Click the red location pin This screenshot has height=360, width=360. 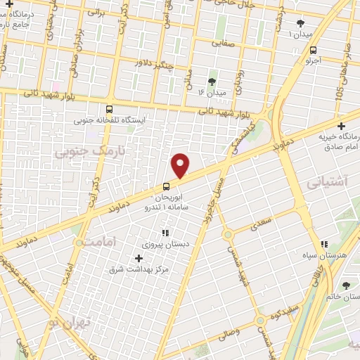[x=181, y=165]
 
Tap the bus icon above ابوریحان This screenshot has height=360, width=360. [x=166, y=186]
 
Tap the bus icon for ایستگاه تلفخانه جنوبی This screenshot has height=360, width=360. [x=109, y=109]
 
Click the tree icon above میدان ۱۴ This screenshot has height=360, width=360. [x=212, y=82]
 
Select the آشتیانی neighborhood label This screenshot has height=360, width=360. [x=328, y=181]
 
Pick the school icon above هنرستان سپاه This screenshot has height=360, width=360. [x=324, y=244]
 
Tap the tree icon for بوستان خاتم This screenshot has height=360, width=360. [x=346, y=285]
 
